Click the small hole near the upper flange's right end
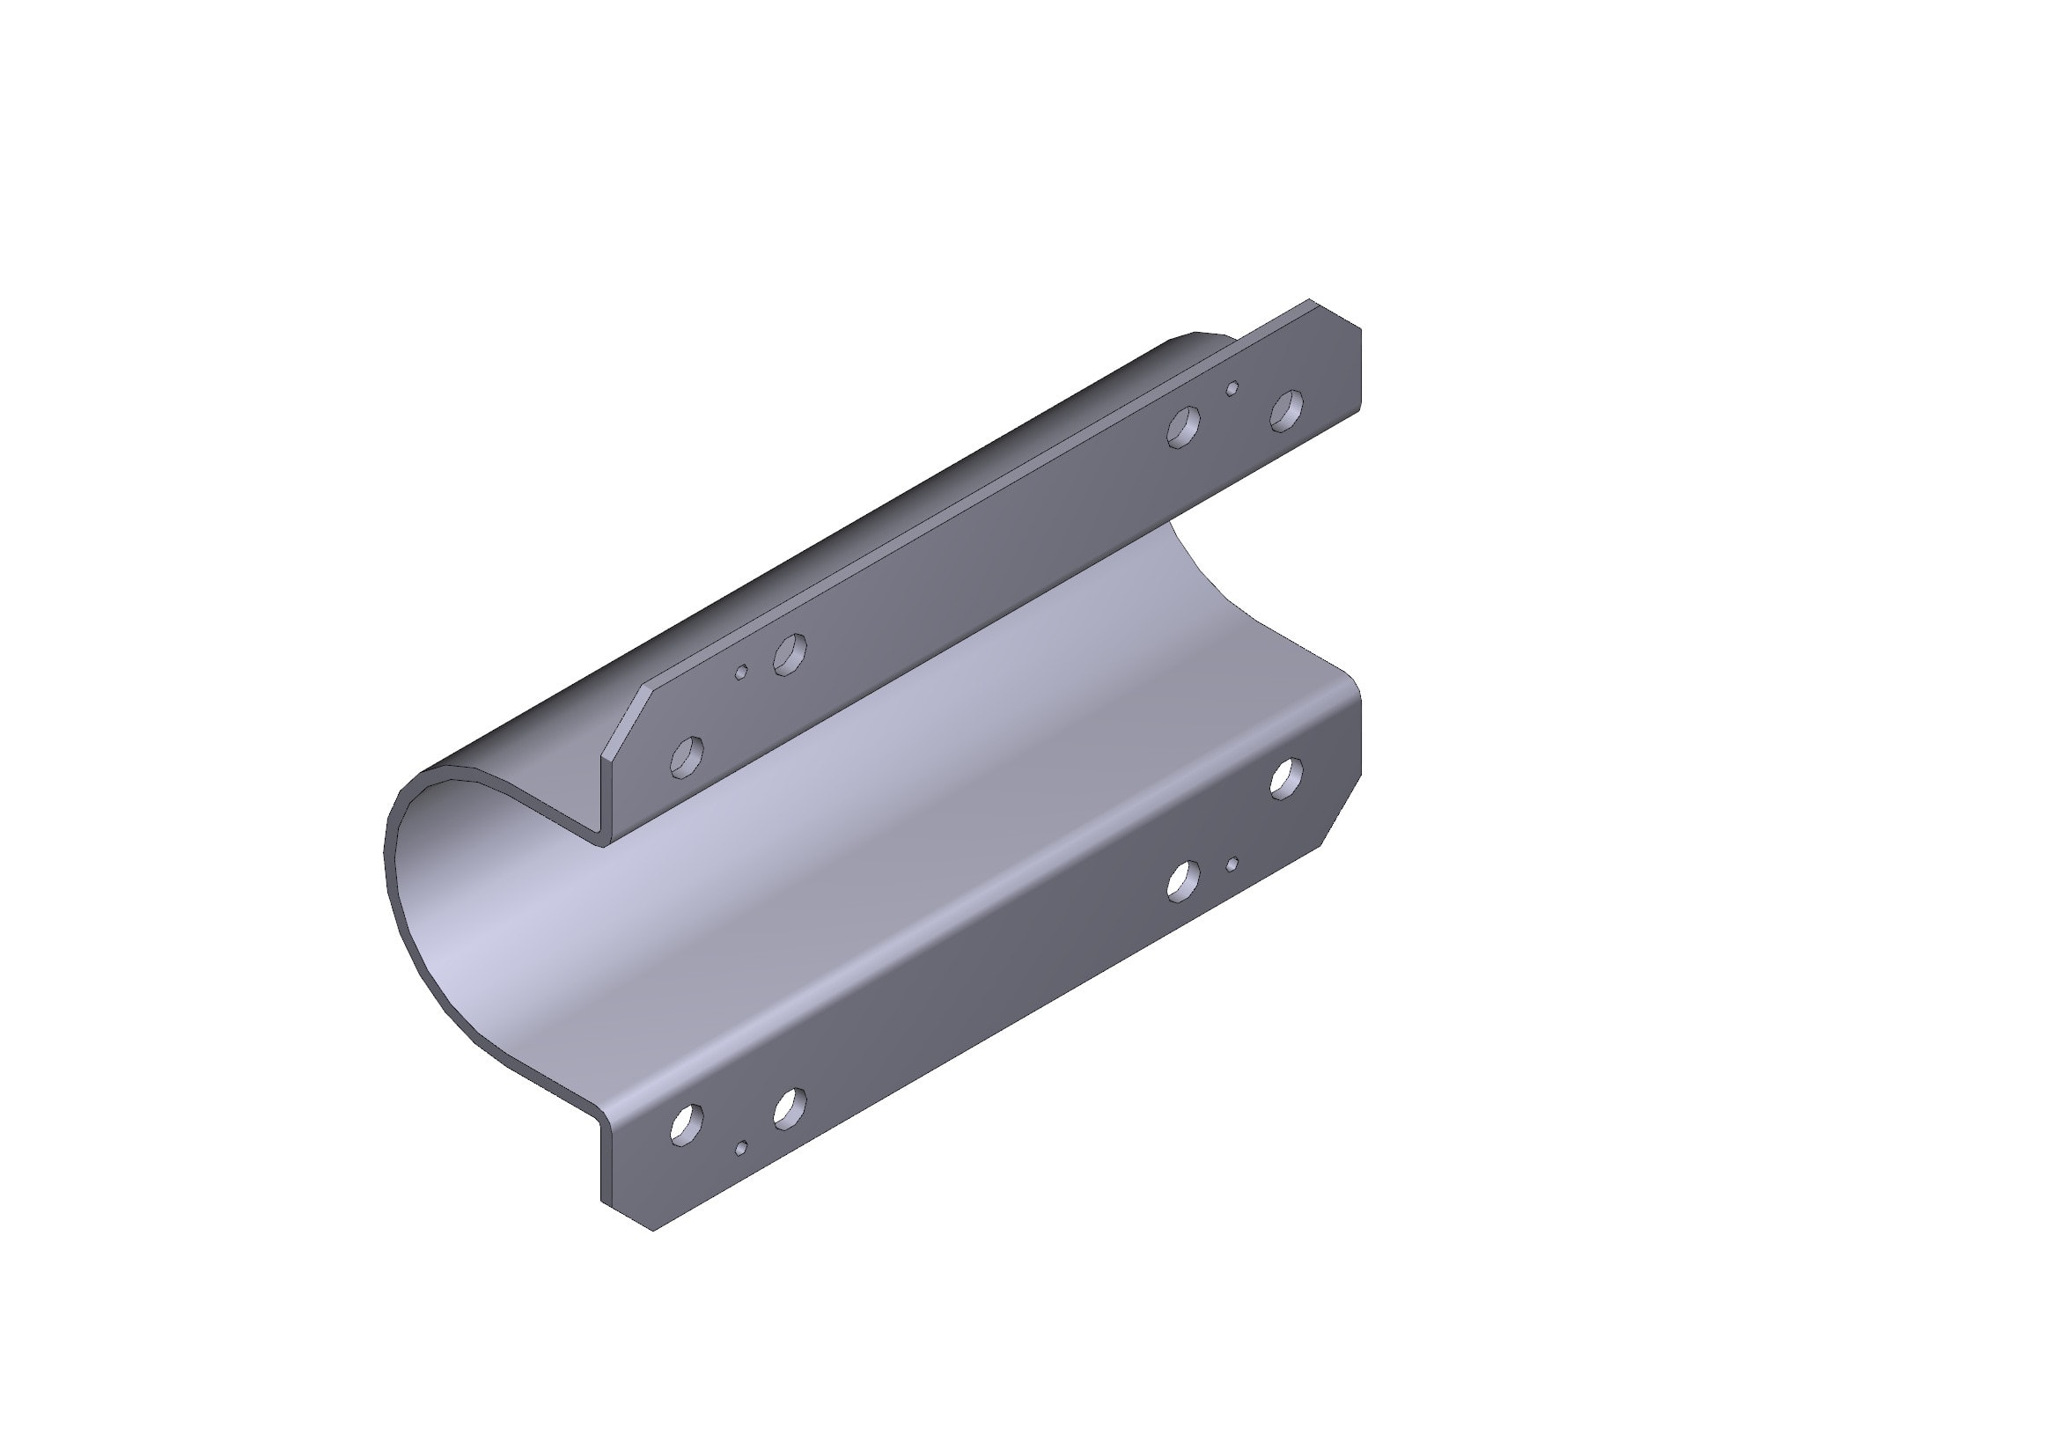(x=1233, y=387)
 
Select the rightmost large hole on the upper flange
(x=1287, y=409)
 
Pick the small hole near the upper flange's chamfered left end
(x=741, y=673)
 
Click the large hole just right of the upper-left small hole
(x=790, y=653)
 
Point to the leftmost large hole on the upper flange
(x=687, y=757)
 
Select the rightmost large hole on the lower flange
(x=1287, y=776)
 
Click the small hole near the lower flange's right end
(x=1233, y=864)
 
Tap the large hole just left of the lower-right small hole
(x=1184, y=879)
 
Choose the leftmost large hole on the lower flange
(x=687, y=1124)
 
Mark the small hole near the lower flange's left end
(x=741, y=1148)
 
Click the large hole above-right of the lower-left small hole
(x=790, y=1107)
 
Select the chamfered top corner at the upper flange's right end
(x=1336, y=313)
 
